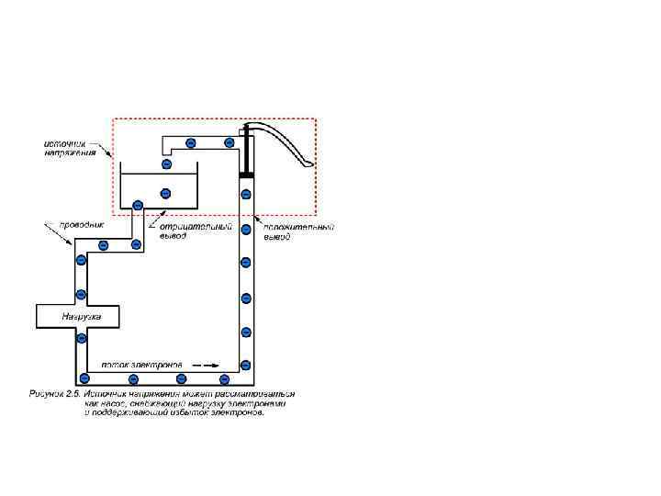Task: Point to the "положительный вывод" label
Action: (298, 231)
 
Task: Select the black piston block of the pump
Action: (246, 173)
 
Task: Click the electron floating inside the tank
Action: (165, 193)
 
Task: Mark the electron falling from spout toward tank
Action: (166, 164)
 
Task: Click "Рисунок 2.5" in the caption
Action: (52, 393)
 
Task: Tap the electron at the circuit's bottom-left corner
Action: (84, 378)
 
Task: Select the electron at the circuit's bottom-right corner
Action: (246, 366)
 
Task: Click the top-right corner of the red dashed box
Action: (316, 118)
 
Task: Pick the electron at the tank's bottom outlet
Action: (137, 205)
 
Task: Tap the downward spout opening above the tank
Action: (166, 152)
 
